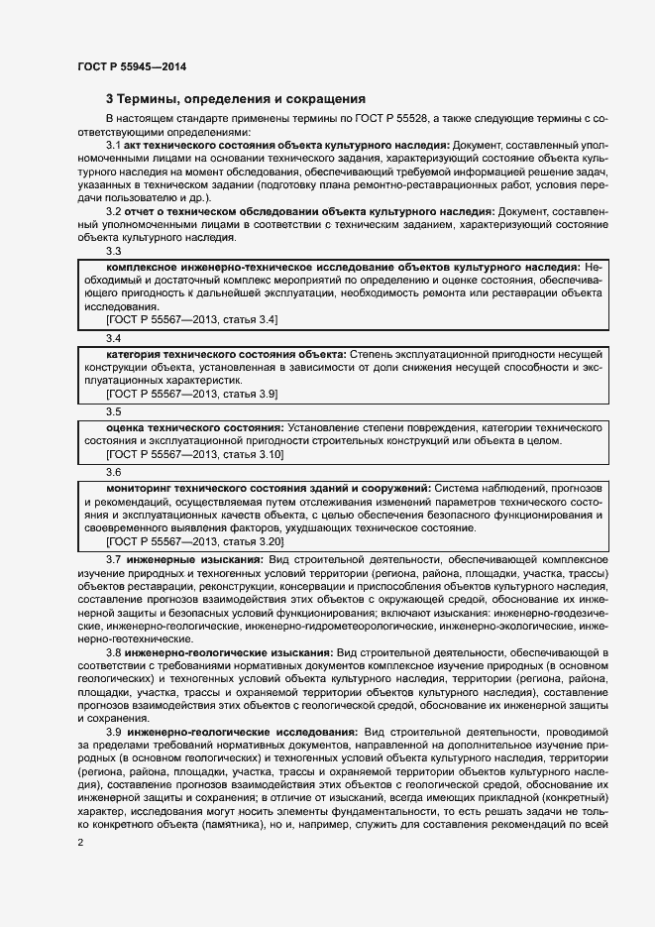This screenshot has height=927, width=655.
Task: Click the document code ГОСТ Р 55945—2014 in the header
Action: pos(132,66)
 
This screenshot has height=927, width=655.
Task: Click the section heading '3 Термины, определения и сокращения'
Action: pos(236,99)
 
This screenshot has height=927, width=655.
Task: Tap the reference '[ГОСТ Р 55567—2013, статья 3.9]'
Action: pos(192,394)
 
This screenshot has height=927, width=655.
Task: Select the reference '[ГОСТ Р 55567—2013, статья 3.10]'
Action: pos(195,454)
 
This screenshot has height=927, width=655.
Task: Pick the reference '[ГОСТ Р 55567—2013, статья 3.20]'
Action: pos(195,541)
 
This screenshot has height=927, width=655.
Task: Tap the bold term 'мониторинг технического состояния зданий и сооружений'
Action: pos(268,489)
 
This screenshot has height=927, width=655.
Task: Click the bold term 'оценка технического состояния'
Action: pos(193,426)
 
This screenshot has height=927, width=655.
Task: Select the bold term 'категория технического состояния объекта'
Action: pos(226,354)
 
